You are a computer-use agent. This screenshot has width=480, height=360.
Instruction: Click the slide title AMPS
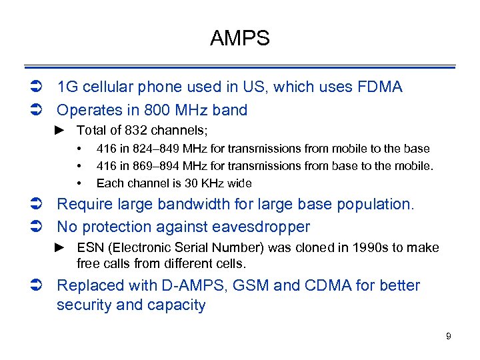click(239, 39)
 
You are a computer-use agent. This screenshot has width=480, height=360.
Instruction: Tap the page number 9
click(449, 336)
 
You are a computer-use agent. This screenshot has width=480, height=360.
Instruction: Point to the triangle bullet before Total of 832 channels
click(59, 131)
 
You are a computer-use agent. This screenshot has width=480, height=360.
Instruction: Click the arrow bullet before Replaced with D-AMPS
click(36, 286)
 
